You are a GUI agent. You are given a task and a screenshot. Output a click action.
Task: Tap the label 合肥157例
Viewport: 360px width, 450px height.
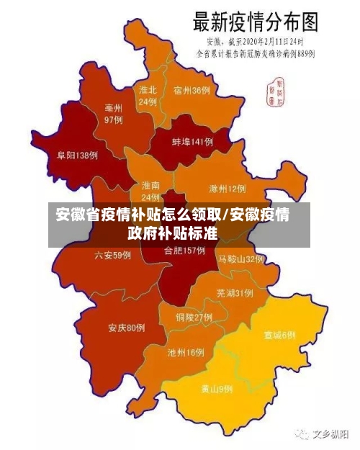[x=184, y=251]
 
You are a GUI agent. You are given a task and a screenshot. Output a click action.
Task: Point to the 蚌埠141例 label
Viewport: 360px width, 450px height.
[x=192, y=143]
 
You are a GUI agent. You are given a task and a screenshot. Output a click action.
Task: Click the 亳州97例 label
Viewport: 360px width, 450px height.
[x=114, y=114]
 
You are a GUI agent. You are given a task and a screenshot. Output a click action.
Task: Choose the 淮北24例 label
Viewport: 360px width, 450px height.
[x=148, y=96]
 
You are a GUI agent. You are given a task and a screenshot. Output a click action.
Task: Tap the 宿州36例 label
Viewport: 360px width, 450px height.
[x=192, y=91]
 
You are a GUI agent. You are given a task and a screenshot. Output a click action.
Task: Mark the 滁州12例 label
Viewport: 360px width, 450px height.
[x=227, y=189]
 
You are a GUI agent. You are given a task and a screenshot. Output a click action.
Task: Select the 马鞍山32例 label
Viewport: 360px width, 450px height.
[x=242, y=258]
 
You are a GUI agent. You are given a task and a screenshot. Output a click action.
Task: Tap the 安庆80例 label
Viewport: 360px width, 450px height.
[x=127, y=328]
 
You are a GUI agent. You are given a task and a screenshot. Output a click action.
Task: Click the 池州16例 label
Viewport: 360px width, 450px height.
[x=186, y=353]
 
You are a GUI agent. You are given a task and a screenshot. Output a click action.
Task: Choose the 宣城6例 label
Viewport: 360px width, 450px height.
[x=279, y=335]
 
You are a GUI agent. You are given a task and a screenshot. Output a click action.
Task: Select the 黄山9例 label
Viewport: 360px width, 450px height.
[x=217, y=389]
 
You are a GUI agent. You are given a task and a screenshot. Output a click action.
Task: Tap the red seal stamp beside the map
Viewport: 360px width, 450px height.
[x=274, y=89]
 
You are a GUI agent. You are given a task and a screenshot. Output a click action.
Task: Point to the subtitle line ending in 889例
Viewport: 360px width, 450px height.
[x=256, y=53]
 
